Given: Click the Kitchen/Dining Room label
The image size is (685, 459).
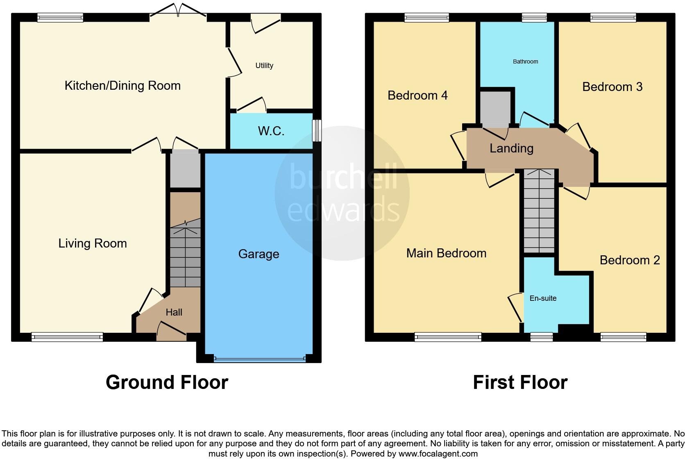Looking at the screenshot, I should coord(122,86).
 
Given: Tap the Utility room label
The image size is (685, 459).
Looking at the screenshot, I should coord(264,66).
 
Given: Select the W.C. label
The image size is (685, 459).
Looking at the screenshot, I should coord(271,131).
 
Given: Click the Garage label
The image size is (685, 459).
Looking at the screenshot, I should coord(259,254).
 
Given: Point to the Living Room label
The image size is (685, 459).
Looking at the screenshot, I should coord(93,243).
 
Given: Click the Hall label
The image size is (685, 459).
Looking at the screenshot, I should coord(174,312).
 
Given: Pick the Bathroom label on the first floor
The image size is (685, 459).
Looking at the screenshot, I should coord(525,61).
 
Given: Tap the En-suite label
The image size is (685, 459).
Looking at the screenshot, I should coord(543,298).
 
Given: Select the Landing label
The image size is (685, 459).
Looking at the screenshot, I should coord(511,148).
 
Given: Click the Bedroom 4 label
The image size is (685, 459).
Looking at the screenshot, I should coord(417,95).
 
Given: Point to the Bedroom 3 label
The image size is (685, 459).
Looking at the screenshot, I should coord(612,87).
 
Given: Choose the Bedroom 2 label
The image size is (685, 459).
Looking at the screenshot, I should coord(630,260).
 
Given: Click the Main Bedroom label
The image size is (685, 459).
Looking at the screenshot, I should coord(446,253).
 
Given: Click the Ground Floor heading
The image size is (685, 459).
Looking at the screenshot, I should coord(167,382).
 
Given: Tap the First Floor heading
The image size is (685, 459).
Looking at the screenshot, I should coord(520,382).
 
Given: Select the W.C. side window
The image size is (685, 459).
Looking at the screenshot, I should coord(317,131).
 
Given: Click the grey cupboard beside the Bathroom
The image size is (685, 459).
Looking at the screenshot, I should coord(495,109).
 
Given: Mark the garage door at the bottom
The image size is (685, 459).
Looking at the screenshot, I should coord(259,359).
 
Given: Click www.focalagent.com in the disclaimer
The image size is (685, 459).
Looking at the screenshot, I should coord(438,454).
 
